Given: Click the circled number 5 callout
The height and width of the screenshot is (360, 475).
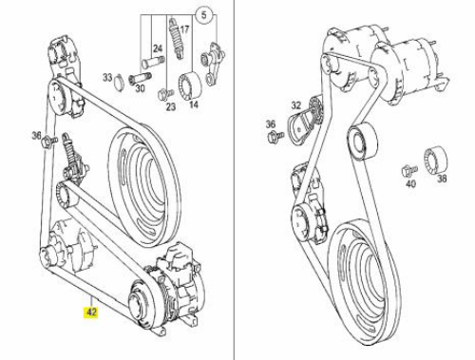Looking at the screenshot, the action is click(x=204, y=15).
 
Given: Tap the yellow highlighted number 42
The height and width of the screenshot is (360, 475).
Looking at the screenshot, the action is click(x=91, y=313).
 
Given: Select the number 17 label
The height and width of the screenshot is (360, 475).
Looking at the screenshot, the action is click(x=184, y=29).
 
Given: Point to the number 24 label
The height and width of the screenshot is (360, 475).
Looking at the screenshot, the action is click(x=158, y=48).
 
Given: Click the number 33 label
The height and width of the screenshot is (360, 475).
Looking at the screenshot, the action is click(x=107, y=77).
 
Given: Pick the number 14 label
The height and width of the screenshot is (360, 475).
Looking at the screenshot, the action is click(x=193, y=104).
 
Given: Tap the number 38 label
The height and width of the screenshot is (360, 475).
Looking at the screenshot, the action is click(x=442, y=179).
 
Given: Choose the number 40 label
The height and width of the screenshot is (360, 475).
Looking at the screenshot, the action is click(x=410, y=183).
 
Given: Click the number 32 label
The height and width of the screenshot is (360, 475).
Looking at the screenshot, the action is click(x=296, y=105).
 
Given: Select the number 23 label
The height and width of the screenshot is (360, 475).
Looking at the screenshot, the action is click(x=171, y=106).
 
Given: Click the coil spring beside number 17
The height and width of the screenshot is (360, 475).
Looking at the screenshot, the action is click(x=175, y=38).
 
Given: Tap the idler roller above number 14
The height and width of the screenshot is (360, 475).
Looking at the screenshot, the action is click(x=190, y=86).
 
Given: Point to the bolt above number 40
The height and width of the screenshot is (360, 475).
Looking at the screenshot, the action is click(x=409, y=171).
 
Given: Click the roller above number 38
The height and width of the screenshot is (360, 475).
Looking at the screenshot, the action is click(x=435, y=160).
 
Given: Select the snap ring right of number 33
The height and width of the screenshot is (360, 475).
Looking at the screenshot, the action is click(x=119, y=82).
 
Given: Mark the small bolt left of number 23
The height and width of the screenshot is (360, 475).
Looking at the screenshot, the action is click(x=164, y=94).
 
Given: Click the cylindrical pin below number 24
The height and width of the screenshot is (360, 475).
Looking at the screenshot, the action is click(x=152, y=61).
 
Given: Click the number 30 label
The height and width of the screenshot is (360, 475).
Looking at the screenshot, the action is click(x=140, y=88).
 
